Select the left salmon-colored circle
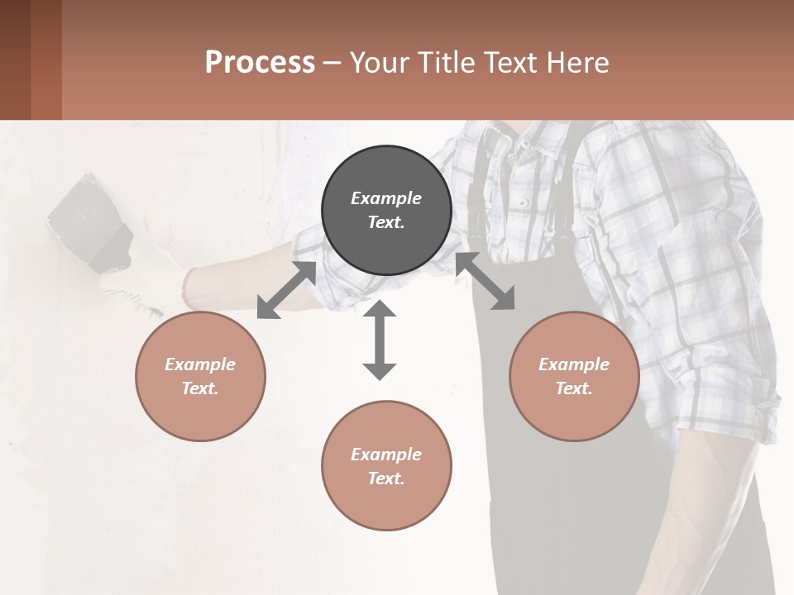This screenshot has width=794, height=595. click(200, 376)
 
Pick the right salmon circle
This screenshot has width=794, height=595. click(574, 376)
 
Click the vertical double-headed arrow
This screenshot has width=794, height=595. click(380, 340)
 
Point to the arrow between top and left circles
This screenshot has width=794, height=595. click(287, 290)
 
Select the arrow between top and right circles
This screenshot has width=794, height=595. click(485, 281)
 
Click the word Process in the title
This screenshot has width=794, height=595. click(260, 62)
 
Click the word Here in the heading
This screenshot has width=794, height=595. click(578, 62)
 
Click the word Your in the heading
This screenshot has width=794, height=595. click(380, 62)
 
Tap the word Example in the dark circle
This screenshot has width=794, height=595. click(386, 198)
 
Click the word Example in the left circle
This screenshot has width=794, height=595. click(200, 364)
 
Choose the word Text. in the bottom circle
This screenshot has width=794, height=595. click(386, 478)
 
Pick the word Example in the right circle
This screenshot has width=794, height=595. click(574, 364)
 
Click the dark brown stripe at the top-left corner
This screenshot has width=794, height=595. click(15, 59)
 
